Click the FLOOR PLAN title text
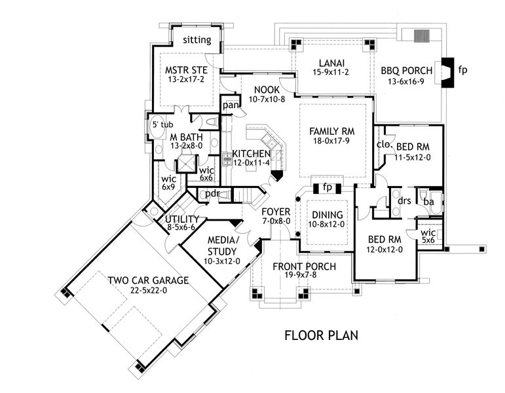(x=321, y=336)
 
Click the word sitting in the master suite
(x=196, y=40)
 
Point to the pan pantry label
(x=230, y=105)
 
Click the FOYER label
(x=276, y=212)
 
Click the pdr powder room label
(x=212, y=194)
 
